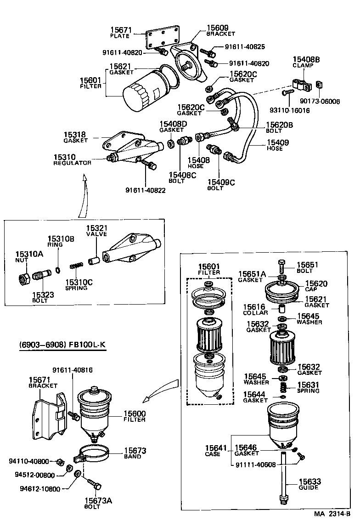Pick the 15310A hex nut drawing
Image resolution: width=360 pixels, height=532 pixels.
[24, 278]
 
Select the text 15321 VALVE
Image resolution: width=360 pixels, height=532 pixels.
[96, 231]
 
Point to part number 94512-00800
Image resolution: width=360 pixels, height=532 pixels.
[32, 475]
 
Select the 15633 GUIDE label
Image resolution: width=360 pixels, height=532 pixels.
[309, 484]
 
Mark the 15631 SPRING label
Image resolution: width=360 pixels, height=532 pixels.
[309, 388]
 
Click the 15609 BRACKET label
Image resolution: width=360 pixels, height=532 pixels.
[220, 30]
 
